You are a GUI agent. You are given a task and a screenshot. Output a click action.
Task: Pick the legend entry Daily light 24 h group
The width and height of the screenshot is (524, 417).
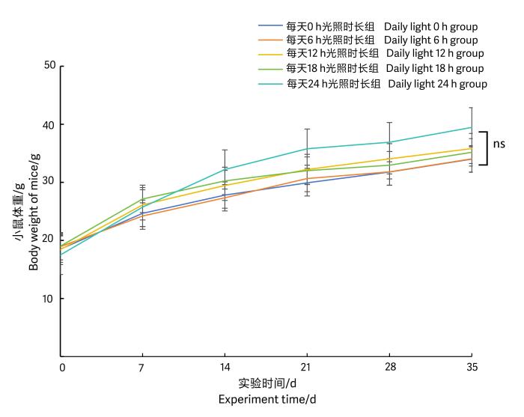click(x=437, y=84)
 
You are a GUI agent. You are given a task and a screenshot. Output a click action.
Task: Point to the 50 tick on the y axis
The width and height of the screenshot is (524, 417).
click(x=50, y=66)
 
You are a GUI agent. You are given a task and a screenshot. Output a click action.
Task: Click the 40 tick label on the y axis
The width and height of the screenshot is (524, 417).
click(x=50, y=124)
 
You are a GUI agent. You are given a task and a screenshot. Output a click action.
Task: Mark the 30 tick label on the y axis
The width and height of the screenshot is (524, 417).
click(x=50, y=182)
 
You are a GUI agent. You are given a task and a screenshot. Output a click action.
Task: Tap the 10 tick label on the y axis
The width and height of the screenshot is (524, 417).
click(x=50, y=299)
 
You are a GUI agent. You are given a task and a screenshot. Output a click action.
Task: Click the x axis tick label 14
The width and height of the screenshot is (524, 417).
click(x=225, y=368)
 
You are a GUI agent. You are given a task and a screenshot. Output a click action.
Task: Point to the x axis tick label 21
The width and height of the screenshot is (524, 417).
click(x=307, y=368)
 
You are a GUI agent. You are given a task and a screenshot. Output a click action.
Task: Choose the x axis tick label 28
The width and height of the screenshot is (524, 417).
click(x=389, y=368)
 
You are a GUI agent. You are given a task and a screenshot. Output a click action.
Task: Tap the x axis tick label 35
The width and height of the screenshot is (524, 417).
click(x=471, y=368)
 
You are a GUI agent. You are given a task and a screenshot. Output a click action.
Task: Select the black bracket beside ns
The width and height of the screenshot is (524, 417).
click(x=487, y=148)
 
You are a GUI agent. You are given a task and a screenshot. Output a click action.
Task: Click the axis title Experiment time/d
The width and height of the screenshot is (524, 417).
click(x=266, y=399)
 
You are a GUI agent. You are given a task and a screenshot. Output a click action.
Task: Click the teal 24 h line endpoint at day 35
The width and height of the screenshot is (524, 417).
click(x=471, y=127)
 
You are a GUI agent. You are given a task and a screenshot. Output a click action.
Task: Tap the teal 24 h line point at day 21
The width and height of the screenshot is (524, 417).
click(x=307, y=148)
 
